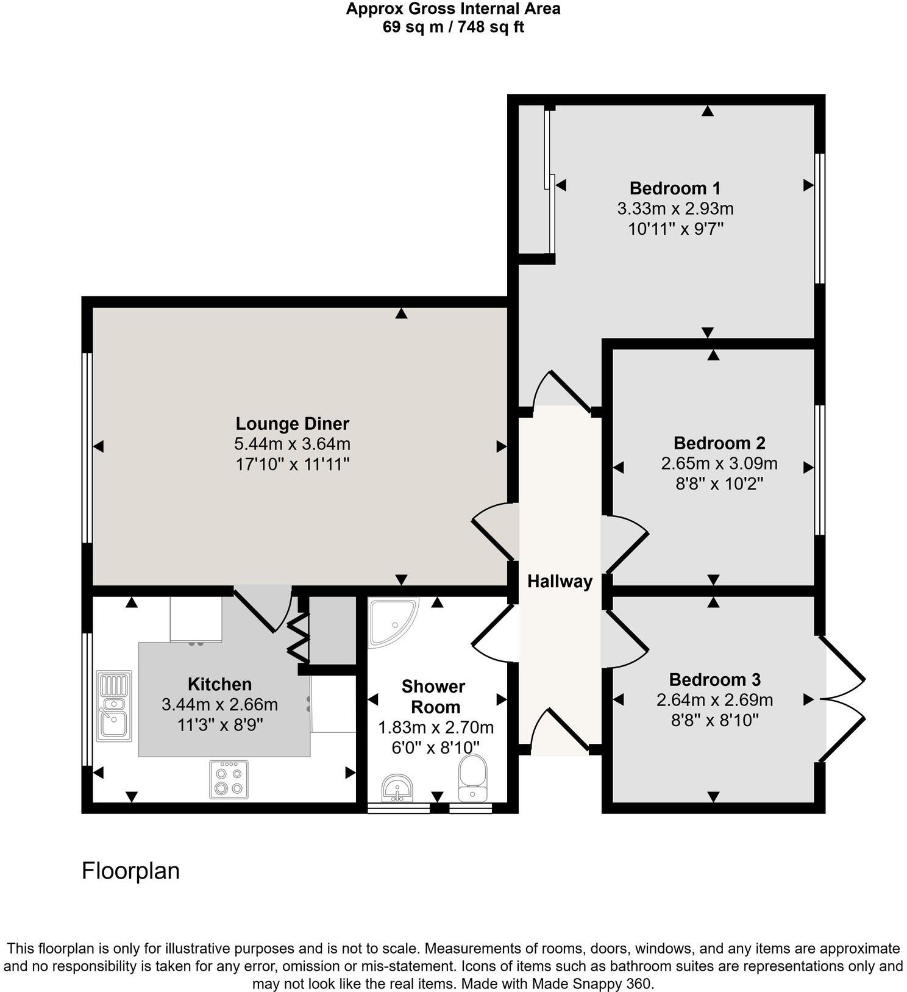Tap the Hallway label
(x=560, y=582)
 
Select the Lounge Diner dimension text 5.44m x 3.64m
(x=292, y=444)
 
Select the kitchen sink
(x=114, y=706)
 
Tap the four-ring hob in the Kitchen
(x=229, y=779)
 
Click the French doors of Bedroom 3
(x=843, y=699)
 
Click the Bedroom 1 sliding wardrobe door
(x=549, y=183)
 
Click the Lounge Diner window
(x=87, y=447)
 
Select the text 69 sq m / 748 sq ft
(x=453, y=27)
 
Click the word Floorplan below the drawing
(x=130, y=871)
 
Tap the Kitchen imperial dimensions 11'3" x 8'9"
(x=219, y=725)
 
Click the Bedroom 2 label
(x=719, y=443)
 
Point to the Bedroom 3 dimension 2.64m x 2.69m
(x=714, y=700)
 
